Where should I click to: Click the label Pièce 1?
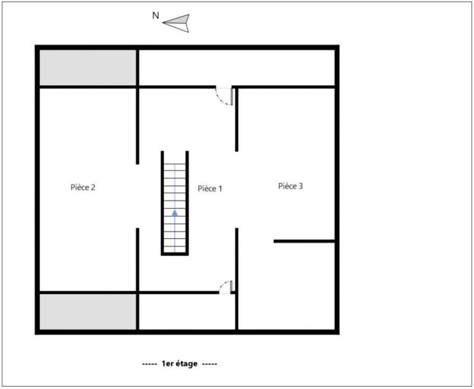(209, 189)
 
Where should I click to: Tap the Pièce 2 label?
(83, 187)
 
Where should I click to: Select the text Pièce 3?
(291, 186)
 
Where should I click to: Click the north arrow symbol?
(176, 22)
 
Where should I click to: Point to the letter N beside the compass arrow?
(155, 16)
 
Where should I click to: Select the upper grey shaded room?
(88, 68)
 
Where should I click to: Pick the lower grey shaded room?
(88, 312)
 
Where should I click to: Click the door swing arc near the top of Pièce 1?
(224, 97)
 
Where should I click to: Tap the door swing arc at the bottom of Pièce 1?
(225, 286)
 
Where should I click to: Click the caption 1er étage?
(180, 363)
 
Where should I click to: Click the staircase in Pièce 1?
(175, 202)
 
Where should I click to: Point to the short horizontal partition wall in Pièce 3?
(304, 241)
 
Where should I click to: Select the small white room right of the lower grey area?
(187, 312)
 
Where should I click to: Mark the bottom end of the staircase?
(175, 251)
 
